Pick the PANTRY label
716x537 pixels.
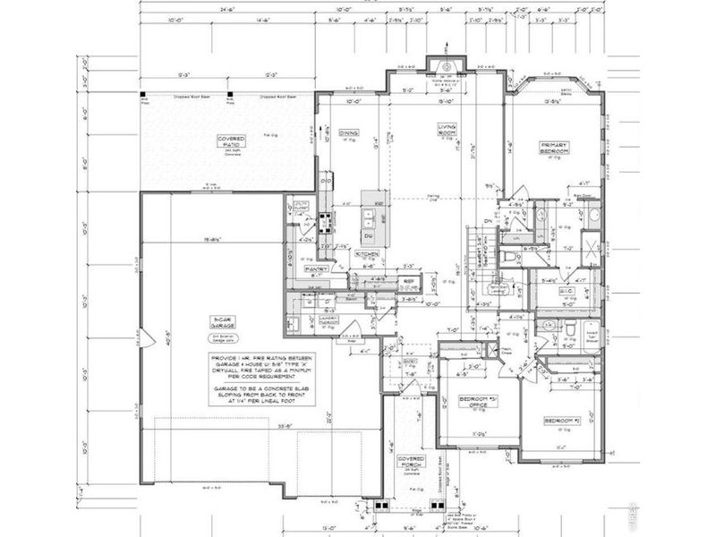[314, 268]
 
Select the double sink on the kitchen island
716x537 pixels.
[367, 217]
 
